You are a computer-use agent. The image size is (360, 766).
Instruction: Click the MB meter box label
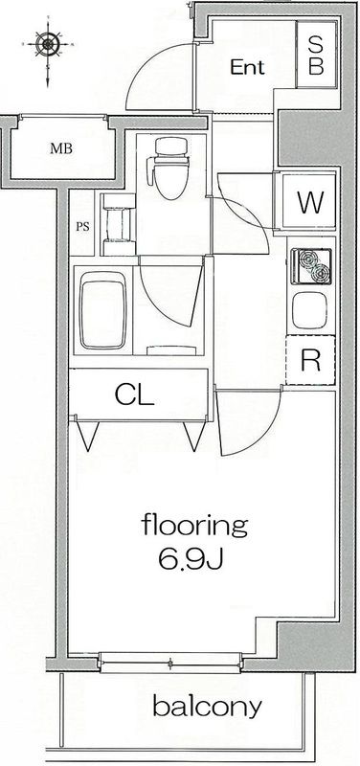tap(61, 149)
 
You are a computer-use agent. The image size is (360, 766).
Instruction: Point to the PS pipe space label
tap(82, 227)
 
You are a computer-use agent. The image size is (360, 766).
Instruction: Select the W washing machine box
tap(307, 203)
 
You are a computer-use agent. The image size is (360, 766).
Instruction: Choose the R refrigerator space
tap(310, 361)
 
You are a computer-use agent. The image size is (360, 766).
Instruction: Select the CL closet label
tap(135, 394)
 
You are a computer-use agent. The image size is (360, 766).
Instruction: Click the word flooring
tap(194, 525)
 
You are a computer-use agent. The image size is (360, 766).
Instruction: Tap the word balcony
tap(207, 709)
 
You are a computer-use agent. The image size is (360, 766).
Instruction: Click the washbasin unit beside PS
tap(119, 225)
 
